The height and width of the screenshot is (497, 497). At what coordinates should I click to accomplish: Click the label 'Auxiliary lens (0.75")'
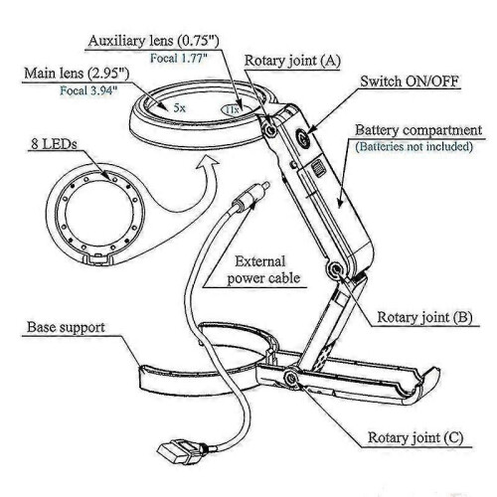coord(154,41)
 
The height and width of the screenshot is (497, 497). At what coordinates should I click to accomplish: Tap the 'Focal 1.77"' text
coord(179,59)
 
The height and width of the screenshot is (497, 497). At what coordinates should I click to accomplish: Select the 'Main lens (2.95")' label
coord(77,73)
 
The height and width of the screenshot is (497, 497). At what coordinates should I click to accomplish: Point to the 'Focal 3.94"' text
coord(88,90)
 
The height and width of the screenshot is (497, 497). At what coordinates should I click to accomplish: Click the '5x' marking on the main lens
coord(180,107)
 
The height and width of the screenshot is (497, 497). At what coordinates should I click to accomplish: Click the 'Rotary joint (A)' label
coord(292,61)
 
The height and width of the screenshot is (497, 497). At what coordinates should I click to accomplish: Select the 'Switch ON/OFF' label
coord(410,82)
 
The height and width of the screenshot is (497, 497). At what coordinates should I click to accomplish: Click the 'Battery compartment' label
coord(418,130)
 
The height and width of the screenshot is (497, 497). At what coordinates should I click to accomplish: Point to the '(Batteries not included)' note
coord(414,146)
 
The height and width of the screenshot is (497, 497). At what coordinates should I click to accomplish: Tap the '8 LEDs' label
coord(54,144)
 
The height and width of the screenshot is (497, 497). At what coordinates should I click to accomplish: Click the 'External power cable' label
coord(263,270)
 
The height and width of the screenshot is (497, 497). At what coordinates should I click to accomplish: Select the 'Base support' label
coord(66,327)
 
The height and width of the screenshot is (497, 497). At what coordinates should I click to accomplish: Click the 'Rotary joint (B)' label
coord(424,317)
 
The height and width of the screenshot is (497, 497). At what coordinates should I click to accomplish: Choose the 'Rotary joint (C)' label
coord(415,437)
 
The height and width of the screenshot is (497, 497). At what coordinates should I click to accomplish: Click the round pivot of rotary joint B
coord(335,268)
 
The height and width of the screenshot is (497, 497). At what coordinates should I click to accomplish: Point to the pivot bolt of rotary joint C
coord(291,378)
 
